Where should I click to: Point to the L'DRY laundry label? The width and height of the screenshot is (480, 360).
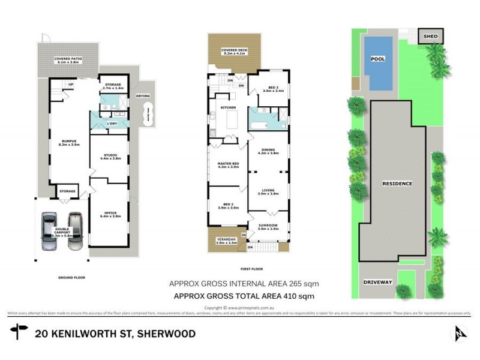[112, 123]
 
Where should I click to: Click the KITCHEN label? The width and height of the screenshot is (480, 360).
[229, 107]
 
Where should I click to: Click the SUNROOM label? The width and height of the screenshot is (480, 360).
[268, 227]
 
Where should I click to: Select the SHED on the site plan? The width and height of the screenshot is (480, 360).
[431, 37]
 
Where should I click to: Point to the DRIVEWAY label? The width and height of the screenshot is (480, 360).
[377, 282]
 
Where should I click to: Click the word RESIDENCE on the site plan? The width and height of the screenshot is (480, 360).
[397, 184]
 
